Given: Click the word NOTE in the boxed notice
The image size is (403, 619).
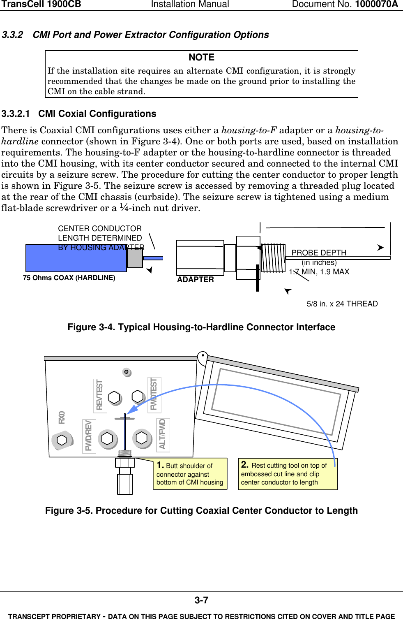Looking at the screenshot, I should point(201,58).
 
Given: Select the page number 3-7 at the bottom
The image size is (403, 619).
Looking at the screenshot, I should point(201,600).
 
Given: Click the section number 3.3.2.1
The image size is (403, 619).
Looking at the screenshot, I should point(16,114).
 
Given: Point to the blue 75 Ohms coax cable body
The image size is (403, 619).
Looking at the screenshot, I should point(76,258).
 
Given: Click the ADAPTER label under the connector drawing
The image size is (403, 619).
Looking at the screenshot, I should point(196,280).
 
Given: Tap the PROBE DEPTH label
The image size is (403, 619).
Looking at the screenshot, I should point(319,253).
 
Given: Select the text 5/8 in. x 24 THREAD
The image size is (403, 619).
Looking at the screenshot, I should point(342,304).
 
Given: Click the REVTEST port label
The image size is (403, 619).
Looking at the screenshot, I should point(100,395).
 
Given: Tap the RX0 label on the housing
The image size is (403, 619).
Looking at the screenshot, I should point(62,417).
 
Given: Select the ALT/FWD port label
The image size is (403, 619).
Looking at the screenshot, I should point(163,434).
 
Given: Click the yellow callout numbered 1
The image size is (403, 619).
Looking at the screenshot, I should point(190,474).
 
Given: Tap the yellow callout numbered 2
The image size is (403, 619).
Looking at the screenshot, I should point(287,473).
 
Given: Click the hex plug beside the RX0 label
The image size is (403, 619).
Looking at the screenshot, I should point(62,440).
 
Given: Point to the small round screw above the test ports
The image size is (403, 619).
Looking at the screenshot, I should point(127,372).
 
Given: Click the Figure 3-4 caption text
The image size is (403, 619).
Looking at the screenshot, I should point(201,327).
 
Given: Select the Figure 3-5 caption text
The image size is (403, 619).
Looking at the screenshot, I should point(201,511).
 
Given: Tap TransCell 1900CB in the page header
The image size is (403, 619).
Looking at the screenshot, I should point(41,5).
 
